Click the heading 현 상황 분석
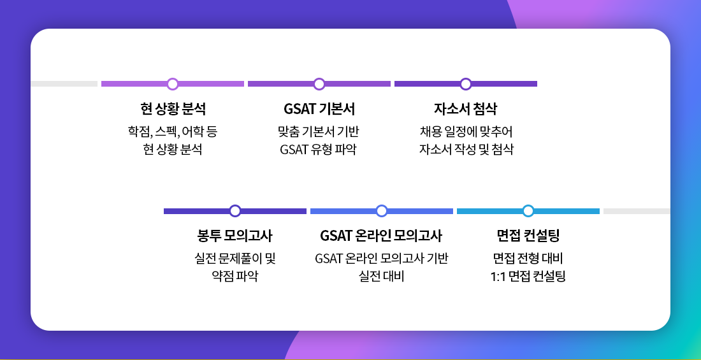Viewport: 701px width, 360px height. pyautogui.click(x=173, y=109)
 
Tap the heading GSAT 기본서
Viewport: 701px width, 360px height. pyautogui.click(x=319, y=109)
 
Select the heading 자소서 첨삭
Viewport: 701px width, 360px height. pyautogui.click(x=466, y=109)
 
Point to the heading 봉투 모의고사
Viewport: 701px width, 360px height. pyautogui.click(x=235, y=235)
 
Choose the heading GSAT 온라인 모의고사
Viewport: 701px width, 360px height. pyautogui.click(x=381, y=235)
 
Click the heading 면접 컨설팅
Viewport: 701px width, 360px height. pyautogui.click(x=528, y=235)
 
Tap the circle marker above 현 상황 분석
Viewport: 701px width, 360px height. pyautogui.click(x=173, y=83)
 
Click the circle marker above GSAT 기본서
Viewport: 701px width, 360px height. pyautogui.click(x=319, y=83)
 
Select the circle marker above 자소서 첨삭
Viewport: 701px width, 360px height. pyautogui.click(x=466, y=83)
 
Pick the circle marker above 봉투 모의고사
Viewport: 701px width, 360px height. pyautogui.click(x=235, y=211)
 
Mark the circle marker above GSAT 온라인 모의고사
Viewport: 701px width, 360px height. pyautogui.click(x=381, y=211)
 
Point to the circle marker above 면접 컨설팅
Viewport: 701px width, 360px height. pyautogui.click(x=528, y=211)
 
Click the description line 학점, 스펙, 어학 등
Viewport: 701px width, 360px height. pyautogui.click(x=173, y=132)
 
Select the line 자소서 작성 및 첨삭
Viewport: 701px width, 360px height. pyautogui.click(x=466, y=149)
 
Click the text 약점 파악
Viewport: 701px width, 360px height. pyautogui.click(x=235, y=277)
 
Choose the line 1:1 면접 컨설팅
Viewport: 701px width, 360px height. pyautogui.click(x=528, y=277)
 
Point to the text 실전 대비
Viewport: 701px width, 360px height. pyautogui.click(x=381, y=277)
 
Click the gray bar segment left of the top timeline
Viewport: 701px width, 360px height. pyautogui.click(x=64, y=83)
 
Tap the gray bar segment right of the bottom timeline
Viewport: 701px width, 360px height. pyautogui.click(x=637, y=211)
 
